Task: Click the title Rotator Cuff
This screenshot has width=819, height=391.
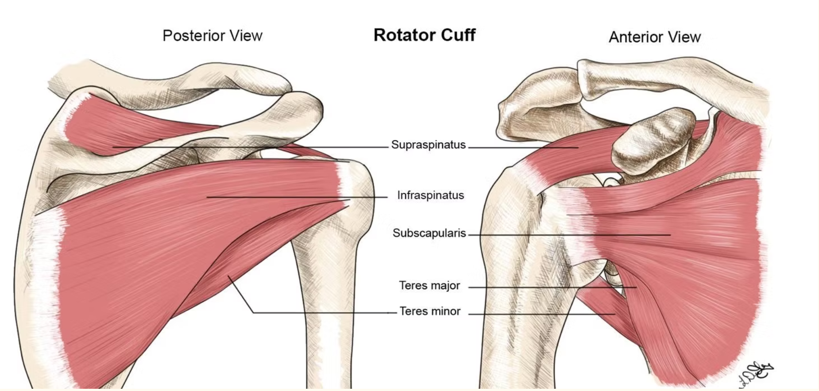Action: (424, 35)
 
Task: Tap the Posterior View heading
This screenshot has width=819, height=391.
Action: (212, 35)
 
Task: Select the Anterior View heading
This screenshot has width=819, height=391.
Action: (654, 37)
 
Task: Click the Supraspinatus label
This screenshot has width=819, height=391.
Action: (428, 145)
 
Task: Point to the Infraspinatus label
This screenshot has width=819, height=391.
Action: (430, 195)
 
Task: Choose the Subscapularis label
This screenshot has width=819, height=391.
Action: (429, 233)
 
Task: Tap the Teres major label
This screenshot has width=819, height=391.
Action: (429, 285)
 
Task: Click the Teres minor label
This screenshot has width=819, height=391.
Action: (430, 311)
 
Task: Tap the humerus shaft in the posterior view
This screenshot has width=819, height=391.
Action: (328, 310)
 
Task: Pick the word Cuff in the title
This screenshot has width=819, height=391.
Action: (458, 35)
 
